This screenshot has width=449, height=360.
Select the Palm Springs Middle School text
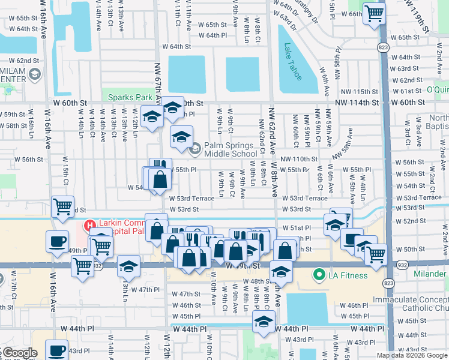[231, 149]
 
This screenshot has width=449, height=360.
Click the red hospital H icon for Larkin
[89, 226]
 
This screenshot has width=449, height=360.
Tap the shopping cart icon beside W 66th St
[375, 13]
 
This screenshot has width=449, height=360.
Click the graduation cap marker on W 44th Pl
[262, 323]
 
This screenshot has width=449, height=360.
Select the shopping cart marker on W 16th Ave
[63, 206]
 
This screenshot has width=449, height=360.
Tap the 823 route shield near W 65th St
[383, 46]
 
